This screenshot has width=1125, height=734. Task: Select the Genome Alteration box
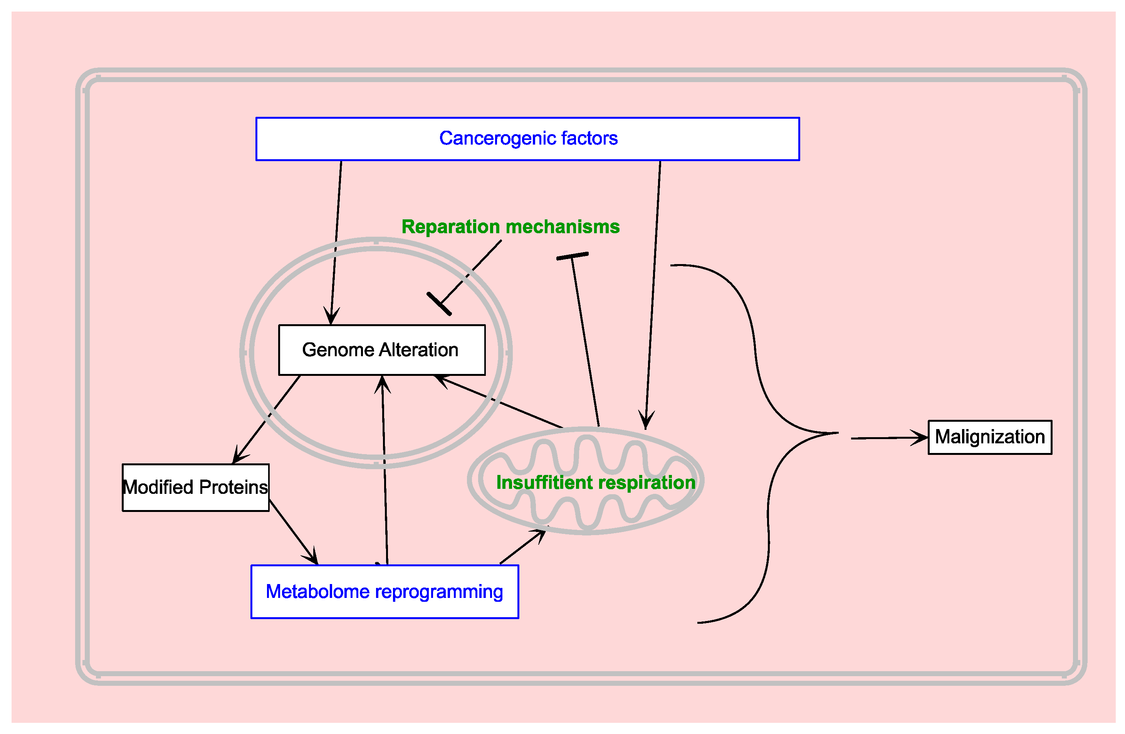[381, 350]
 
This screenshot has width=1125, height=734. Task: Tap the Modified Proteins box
[195, 488]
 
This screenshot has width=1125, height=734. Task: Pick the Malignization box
[989, 437]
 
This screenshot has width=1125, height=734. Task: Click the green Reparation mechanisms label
[510, 227]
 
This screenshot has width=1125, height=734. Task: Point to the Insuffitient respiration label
[595, 482]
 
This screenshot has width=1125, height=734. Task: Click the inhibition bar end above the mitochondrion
[572, 256]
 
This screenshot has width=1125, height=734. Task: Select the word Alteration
[418, 350]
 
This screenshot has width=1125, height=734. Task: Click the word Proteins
[233, 488]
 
